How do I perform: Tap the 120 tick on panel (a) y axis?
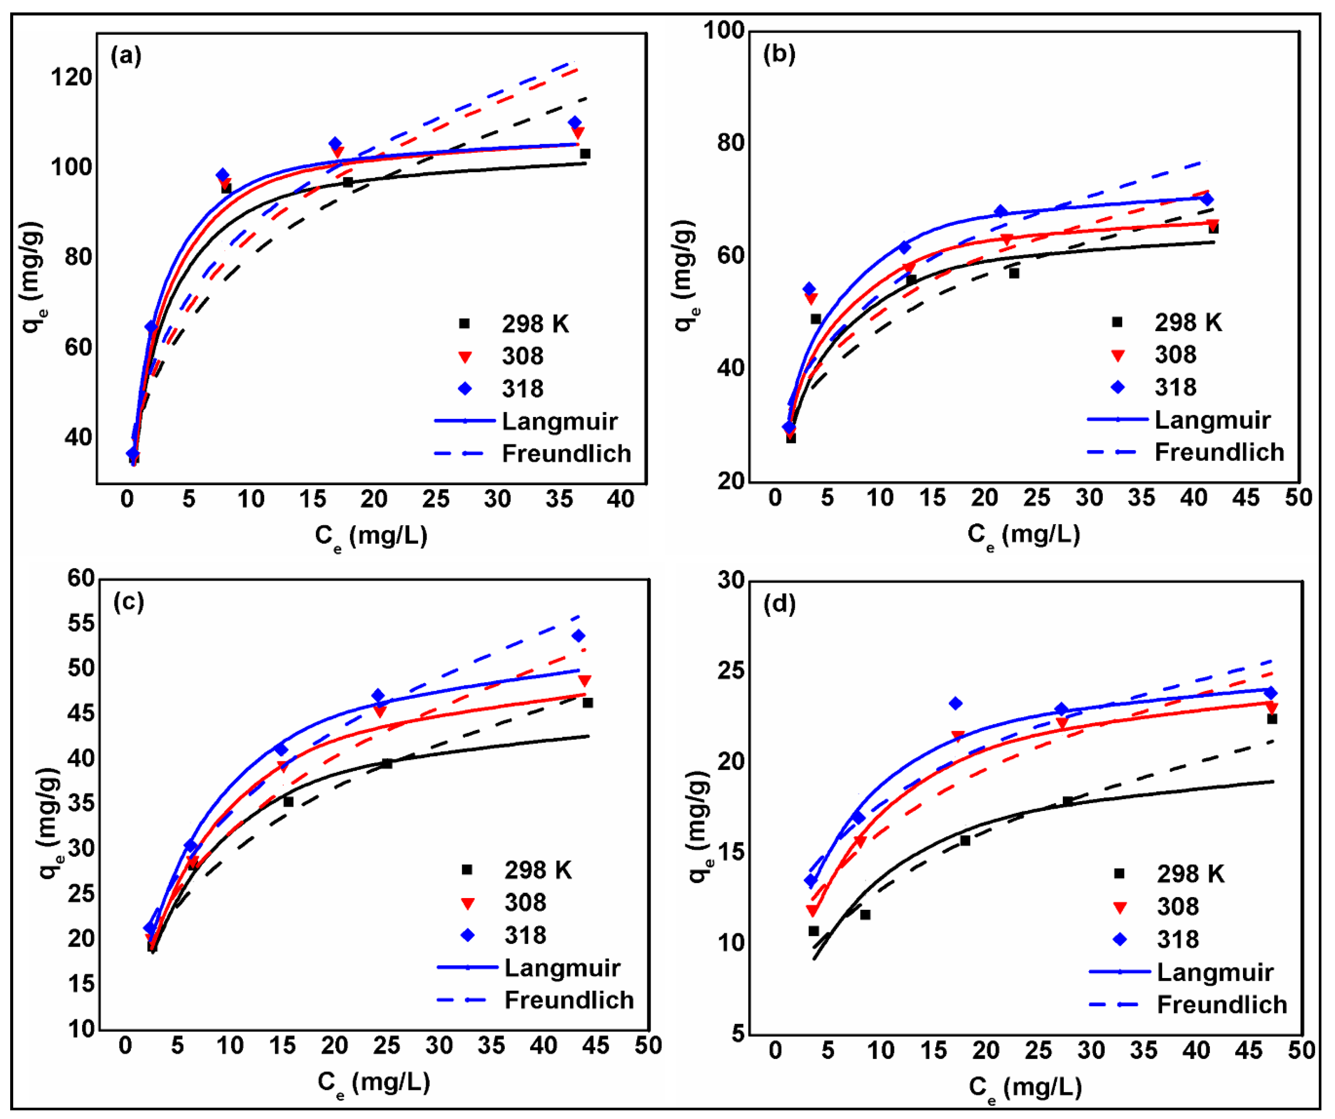pyautogui.click(x=71, y=77)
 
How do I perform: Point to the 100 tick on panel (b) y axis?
pyautogui.click(x=723, y=30)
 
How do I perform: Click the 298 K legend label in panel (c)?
pyautogui.click(x=538, y=870)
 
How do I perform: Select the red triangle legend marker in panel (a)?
pyautogui.click(x=465, y=357)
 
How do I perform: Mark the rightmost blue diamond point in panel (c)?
pyautogui.click(x=578, y=636)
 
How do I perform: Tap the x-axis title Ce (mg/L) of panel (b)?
pyautogui.click(x=1024, y=535)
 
